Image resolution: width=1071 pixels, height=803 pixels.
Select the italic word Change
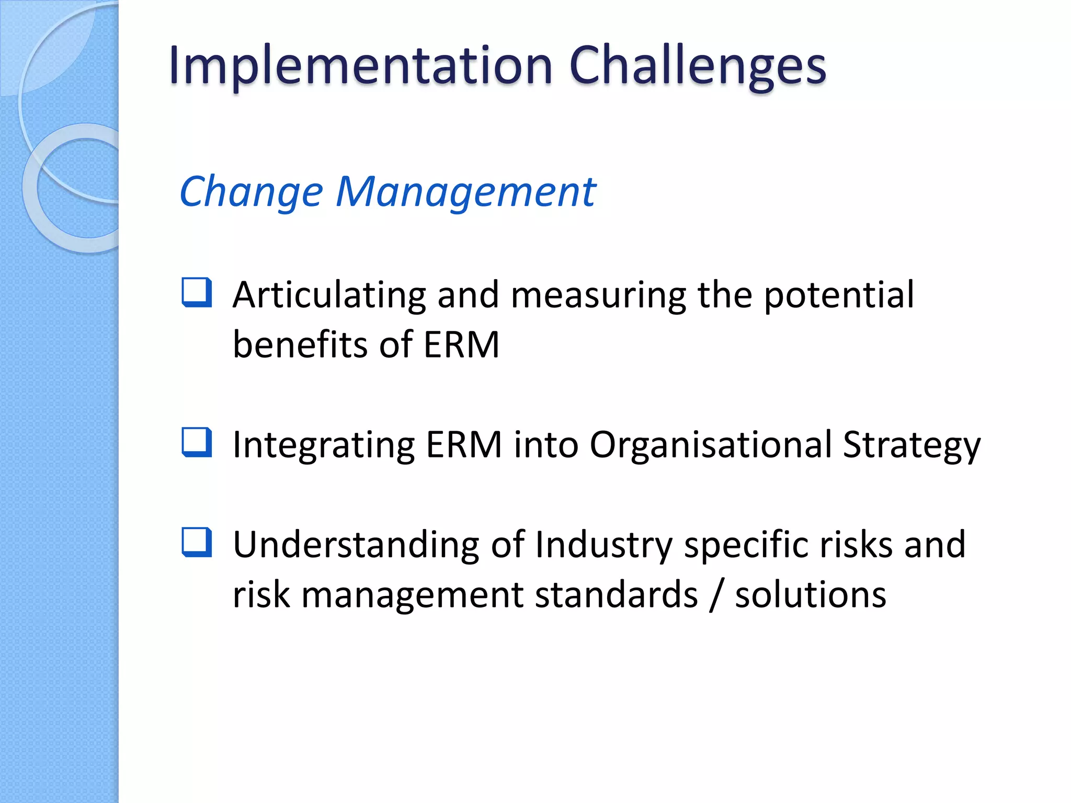(x=251, y=192)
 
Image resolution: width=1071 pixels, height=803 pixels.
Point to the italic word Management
(x=465, y=192)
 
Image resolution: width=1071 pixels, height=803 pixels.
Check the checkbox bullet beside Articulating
(x=197, y=292)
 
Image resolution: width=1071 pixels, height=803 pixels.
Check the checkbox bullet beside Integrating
(x=197, y=442)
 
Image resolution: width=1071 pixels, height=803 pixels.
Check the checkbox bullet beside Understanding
(x=197, y=542)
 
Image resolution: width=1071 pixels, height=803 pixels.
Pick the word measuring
(x=598, y=295)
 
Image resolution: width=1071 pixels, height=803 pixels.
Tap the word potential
(x=839, y=295)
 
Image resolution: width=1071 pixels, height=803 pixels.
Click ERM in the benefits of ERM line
(x=461, y=345)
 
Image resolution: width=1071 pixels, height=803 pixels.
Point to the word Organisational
(x=711, y=445)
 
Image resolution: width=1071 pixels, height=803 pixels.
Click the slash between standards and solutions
(x=716, y=594)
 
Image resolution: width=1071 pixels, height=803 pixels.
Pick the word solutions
(x=811, y=594)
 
